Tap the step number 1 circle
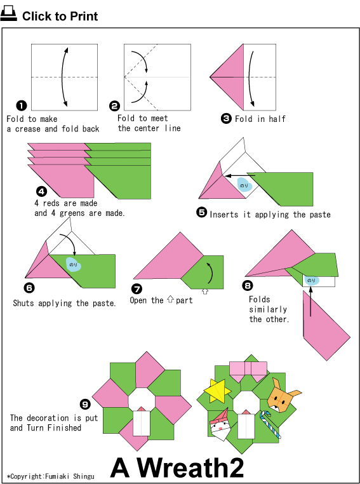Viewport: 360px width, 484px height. (22, 106)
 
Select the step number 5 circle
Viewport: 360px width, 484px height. (202, 212)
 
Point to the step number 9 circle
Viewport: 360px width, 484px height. (85, 404)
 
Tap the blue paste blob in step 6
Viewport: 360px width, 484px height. (73, 264)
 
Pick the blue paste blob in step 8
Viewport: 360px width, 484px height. (311, 280)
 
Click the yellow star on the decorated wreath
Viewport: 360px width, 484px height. (217, 391)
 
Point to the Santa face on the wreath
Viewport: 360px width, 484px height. (220, 426)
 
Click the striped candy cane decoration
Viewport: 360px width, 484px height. (270, 424)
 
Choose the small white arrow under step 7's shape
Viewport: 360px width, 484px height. (205, 291)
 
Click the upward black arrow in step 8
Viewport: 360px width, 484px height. (310, 302)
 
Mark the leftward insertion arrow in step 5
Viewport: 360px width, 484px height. (240, 176)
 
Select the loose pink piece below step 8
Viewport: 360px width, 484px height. (326, 325)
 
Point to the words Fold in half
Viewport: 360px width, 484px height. (260, 119)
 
